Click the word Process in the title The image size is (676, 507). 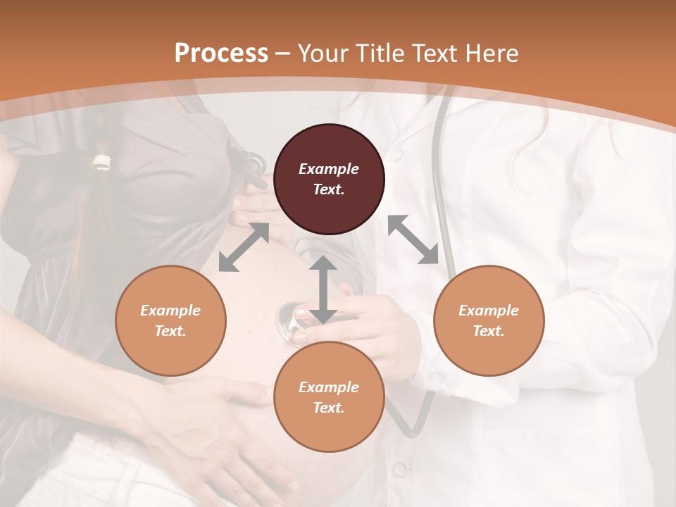tap(221, 54)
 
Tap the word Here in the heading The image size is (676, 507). tap(489, 54)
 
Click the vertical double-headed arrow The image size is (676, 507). tap(323, 289)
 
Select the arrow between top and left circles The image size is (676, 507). tap(244, 247)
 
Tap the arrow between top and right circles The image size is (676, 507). tap(413, 239)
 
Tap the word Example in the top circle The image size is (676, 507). tap(329, 169)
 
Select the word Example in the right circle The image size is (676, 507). tap(489, 311)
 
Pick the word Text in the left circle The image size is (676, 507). tap(170, 331)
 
